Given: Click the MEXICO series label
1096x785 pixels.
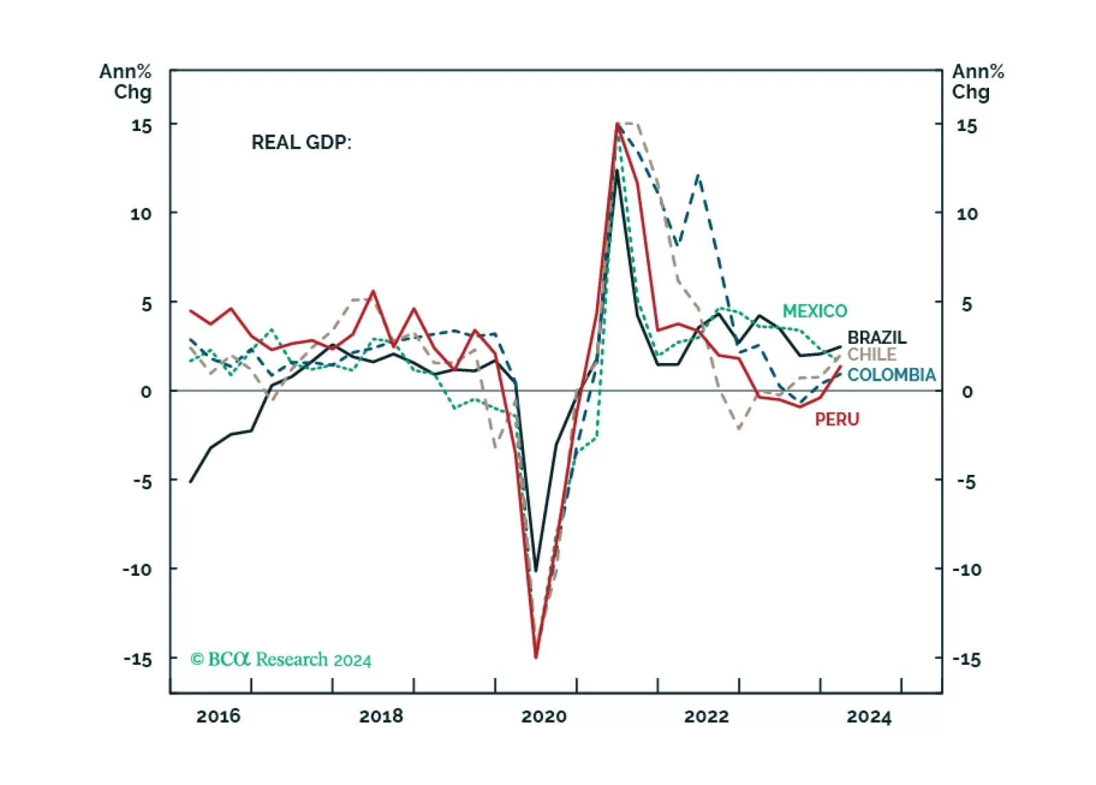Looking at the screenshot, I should click(x=814, y=311).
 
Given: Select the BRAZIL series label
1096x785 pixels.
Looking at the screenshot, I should click(x=877, y=337).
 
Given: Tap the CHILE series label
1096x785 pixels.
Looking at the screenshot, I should click(x=872, y=354).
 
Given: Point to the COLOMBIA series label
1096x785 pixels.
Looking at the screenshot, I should click(x=891, y=375).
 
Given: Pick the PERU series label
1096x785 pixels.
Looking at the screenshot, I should click(x=837, y=419).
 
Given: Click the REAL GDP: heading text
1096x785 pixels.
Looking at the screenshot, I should click(x=301, y=142).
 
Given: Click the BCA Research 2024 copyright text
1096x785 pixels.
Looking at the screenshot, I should click(x=281, y=659).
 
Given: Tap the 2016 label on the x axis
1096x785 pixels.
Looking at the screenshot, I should click(x=218, y=716).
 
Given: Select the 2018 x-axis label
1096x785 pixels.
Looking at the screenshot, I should click(x=381, y=716).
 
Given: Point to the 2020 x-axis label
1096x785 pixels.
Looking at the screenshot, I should click(x=544, y=716).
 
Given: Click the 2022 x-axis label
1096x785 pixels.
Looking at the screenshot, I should click(x=706, y=716).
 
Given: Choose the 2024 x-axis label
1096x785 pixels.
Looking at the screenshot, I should click(x=869, y=716).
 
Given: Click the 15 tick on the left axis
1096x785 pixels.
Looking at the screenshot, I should click(x=141, y=126).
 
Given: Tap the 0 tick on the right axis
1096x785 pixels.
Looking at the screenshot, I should click(x=967, y=392).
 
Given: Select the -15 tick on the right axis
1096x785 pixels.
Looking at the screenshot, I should click(x=967, y=659).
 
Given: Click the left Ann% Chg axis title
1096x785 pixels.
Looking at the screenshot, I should click(x=126, y=81).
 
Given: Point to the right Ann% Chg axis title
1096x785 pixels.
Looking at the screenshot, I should click(x=977, y=81).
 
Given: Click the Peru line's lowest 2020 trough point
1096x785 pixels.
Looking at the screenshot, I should click(x=536, y=657).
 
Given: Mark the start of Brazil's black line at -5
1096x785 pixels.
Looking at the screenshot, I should click(x=191, y=481).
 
